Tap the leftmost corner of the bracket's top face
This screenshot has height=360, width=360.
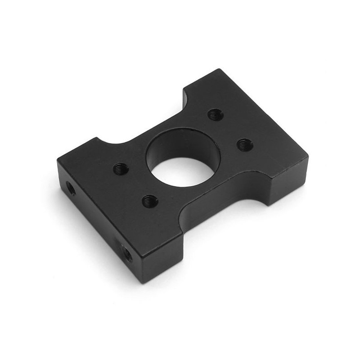(58, 158)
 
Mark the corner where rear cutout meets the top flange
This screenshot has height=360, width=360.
(184, 90)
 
